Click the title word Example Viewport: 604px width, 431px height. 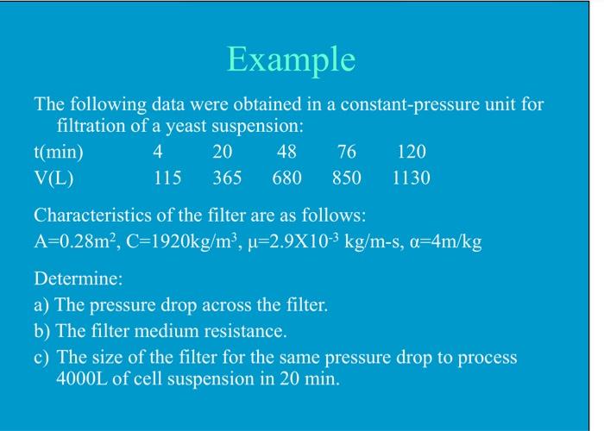click(x=291, y=59)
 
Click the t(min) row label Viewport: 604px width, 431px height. click(x=59, y=153)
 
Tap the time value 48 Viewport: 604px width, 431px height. click(x=286, y=153)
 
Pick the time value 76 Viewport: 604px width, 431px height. click(x=346, y=153)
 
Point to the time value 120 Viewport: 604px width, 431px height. click(x=411, y=153)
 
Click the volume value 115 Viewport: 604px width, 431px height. click(x=167, y=178)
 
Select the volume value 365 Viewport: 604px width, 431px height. click(x=227, y=178)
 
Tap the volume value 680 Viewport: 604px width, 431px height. click(x=286, y=178)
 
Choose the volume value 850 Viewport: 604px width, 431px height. click(x=346, y=178)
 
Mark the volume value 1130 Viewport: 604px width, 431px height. click(x=411, y=178)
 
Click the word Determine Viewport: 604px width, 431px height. click(x=78, y=280)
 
